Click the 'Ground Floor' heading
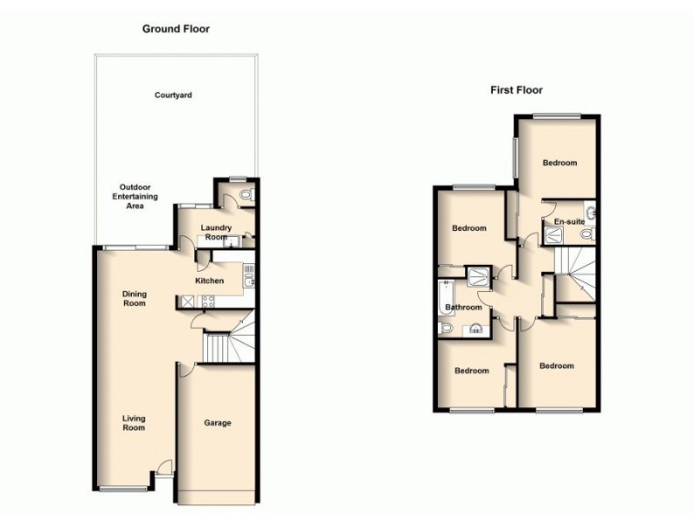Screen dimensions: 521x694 pyautogui.click(x=176, y=29)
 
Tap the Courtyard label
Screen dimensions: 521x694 pyautogui.click(x=173, y=95)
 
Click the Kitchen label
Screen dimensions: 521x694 pyautogui.click(x=209, y=280)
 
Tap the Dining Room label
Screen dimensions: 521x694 pyautogui.click(x=134, y=299)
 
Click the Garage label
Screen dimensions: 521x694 pyautogui.click(x=217, y=423)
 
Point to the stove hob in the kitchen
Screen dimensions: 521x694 pyautogui.click(x=207, y=302)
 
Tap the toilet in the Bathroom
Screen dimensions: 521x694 pyautogui.click(x=446, y=328)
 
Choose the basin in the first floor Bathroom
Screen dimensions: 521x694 pyautogui.click(x=475, y=328)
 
